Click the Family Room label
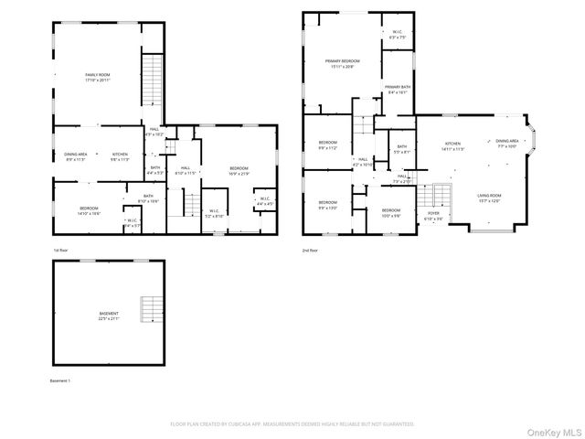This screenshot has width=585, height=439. coord(98,78)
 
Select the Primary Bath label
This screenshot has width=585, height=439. coord(398,90)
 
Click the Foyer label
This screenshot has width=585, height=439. coord(434,217)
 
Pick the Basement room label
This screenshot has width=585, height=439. coord(109,316)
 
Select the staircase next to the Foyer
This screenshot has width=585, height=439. coord(441,195)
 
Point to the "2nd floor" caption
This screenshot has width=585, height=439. coord(311,250)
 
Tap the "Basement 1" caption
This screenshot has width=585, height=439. coord(60,380)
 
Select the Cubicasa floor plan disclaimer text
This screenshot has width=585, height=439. coord(292,424)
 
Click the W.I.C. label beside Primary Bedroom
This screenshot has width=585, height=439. coord(397,35)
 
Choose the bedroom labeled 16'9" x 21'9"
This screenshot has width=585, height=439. coord(239,171)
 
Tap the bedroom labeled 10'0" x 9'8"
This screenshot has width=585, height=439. coord(391,213)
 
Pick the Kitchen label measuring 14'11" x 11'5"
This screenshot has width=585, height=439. coord(454,146)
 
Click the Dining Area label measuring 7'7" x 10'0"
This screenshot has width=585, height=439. coord(507,144)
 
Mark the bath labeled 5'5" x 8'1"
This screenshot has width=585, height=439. coord(401,149)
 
